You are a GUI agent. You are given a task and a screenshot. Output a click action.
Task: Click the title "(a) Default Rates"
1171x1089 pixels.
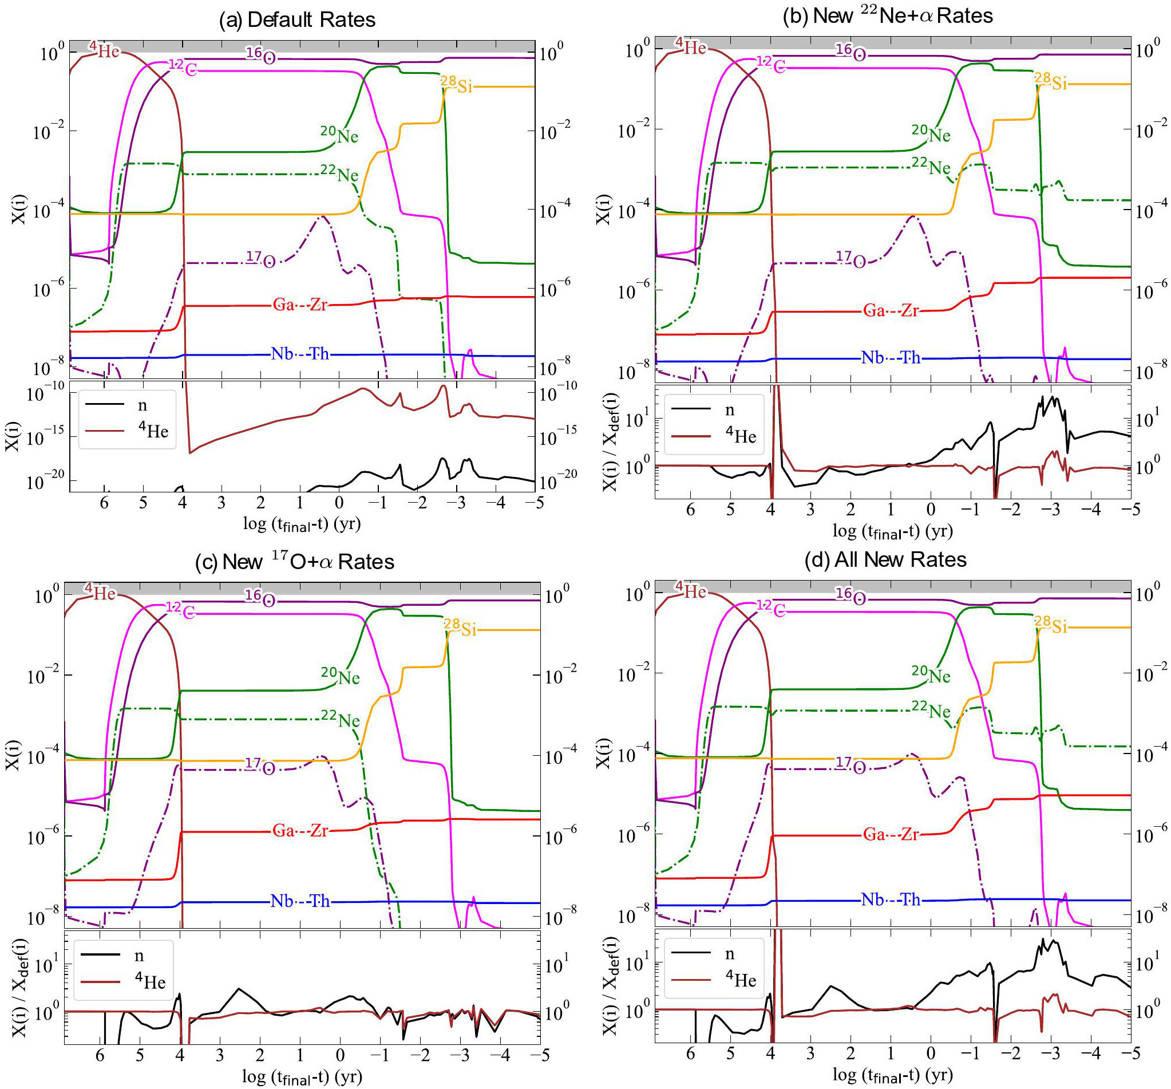297,20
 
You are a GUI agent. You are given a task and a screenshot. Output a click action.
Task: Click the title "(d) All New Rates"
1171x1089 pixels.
885,559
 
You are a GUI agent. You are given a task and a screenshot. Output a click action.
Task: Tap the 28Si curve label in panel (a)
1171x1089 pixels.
457,85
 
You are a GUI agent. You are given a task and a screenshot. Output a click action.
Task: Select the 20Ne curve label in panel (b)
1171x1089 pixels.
931,134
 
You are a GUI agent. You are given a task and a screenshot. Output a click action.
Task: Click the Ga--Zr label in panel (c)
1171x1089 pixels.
300,830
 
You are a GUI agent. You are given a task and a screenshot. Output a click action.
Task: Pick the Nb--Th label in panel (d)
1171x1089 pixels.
890,899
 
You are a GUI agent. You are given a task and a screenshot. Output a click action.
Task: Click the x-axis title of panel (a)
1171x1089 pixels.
302,523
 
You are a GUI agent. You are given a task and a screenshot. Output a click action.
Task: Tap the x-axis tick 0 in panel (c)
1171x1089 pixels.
340,1055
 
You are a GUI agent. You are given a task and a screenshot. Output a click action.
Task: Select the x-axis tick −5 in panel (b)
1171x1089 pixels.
1127,508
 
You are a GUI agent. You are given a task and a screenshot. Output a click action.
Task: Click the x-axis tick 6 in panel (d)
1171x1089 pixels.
690,1053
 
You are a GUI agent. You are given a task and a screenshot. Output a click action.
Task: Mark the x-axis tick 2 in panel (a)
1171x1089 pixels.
260,503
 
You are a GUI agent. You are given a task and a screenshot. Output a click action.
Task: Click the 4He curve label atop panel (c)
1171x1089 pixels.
100,591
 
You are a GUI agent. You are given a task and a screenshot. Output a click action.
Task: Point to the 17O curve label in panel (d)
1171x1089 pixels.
850,764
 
